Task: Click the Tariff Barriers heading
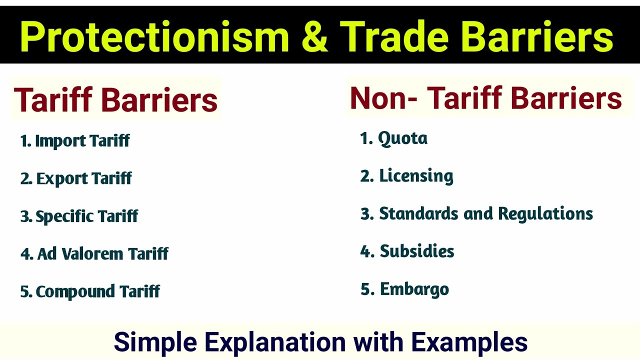click(115, 99)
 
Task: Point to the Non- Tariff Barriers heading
click(485, 98)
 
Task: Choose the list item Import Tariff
click(75, 141)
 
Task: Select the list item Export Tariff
click(76, 178)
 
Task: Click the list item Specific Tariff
click(79, 216)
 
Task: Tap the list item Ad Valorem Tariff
click(94, 254)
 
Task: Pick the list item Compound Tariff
click(90, 291)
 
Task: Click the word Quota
click(402, 138)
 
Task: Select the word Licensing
click(416, 176)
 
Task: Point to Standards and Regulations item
click(476, 214)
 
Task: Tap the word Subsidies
click(417, 251)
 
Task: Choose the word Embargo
click(414, 289)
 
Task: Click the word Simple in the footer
click(155, 342)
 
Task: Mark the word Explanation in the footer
click(274, 342)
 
